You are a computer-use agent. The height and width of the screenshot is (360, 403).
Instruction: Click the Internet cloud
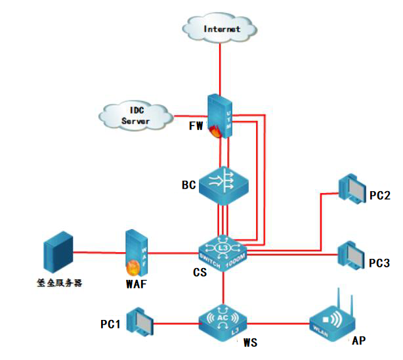coord(222,28)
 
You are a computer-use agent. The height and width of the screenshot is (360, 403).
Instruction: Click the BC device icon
coord(224,185)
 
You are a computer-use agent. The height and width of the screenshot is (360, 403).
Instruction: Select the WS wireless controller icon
coord(224,320)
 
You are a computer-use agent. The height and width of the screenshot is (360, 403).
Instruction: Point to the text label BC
coord(189,185)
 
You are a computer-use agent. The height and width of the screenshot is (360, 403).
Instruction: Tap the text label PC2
coord(380,195)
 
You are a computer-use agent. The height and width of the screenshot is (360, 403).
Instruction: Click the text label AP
coord(358,340)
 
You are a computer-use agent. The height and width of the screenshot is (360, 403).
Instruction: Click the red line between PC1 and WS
coord(175,323)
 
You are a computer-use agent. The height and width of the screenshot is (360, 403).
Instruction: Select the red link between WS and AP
coord(279,323)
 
